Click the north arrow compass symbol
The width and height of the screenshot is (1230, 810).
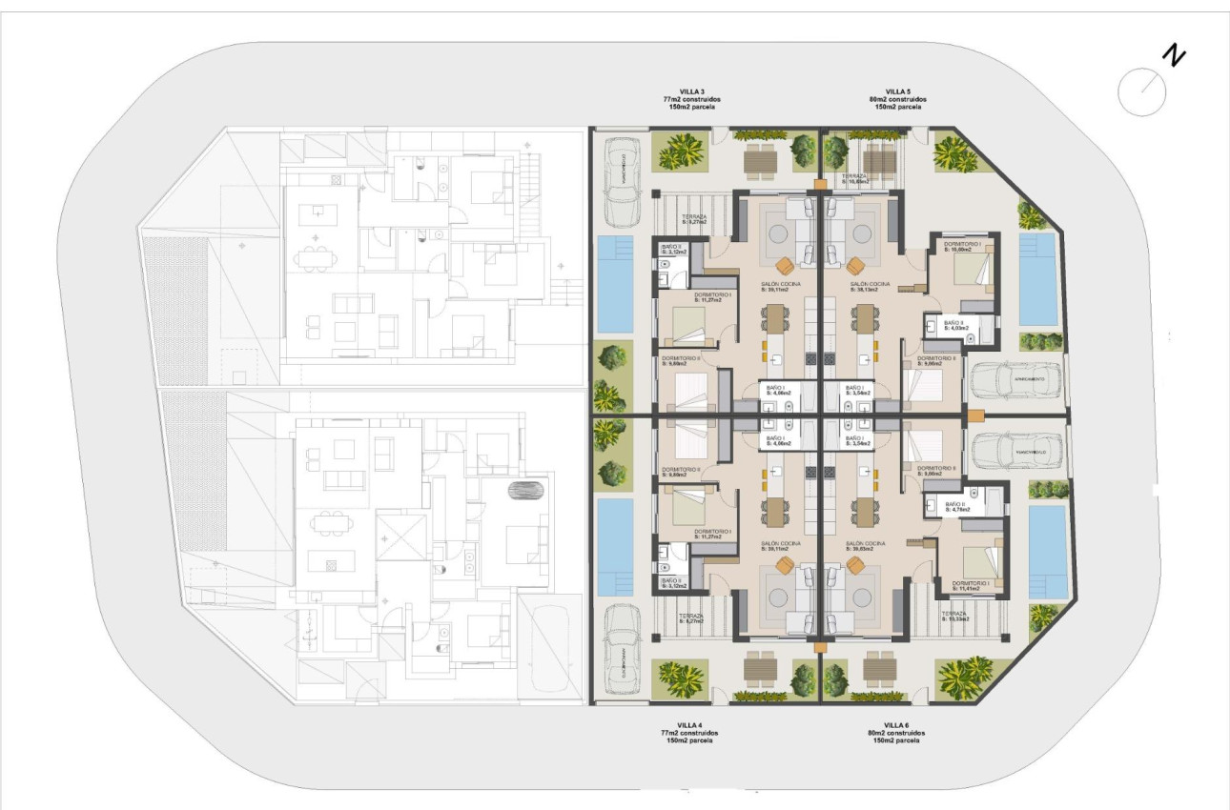[x=1141, y=91]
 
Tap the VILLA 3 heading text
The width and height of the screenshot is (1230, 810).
[x=691, y=91]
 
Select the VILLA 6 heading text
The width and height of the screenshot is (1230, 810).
[x=897, y=724]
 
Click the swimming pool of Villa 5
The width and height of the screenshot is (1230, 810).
[x=1037, y=278]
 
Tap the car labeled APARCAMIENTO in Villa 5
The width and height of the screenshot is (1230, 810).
[x=1016, y=380]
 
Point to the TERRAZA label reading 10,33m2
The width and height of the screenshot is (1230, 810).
[x=955, y=617]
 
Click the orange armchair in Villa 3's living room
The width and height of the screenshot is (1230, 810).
[x=784, y=265]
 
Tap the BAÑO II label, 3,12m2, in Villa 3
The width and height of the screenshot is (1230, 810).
[x=672, y=250]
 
